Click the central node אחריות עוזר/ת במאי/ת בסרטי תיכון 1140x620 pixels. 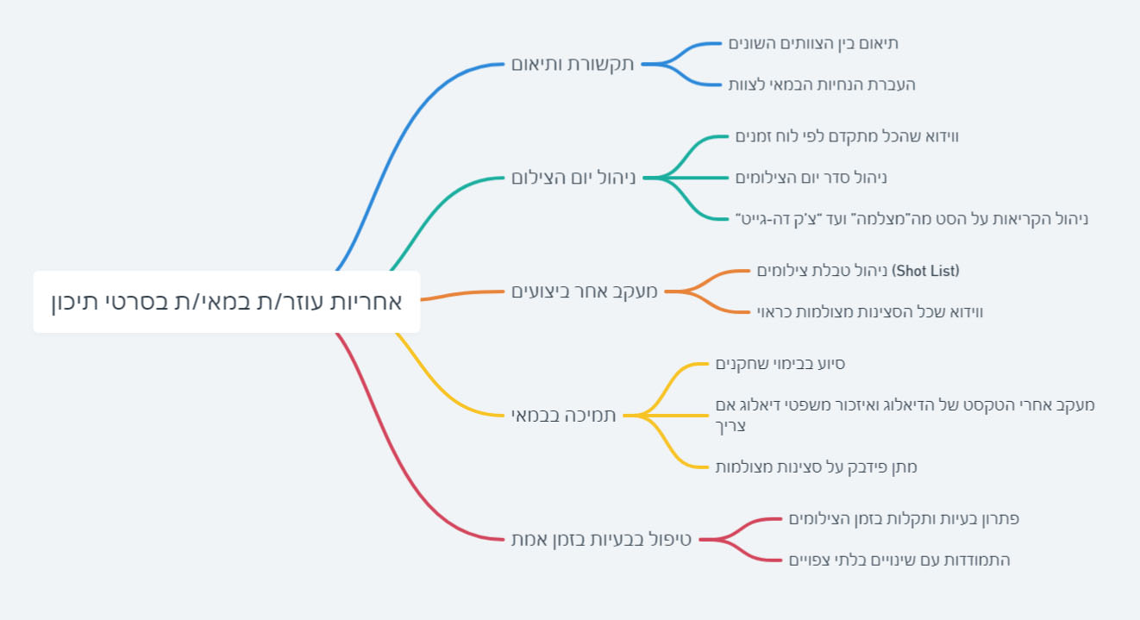point(226,302)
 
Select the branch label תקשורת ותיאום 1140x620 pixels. point(573,64)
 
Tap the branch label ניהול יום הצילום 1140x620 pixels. point(573,178)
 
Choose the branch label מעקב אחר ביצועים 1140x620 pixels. point(584,291)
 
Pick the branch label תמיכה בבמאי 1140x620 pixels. point(563,416)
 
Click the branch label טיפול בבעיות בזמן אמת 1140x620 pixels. point(601,540)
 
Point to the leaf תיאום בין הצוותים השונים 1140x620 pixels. point(813,43)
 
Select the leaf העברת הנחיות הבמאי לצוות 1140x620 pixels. point(822,85)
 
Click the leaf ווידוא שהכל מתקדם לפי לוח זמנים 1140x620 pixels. point(847,136)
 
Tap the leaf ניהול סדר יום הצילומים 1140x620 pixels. point(811,178)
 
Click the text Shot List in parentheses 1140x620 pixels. point(927,271)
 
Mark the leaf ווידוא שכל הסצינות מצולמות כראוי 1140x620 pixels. point(870,312)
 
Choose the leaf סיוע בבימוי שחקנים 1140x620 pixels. point(780,364)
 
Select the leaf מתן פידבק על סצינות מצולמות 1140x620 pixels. point(816,467)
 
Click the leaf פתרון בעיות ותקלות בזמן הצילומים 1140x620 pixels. point(904,519)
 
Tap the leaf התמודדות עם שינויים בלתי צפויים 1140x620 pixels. point(899,561)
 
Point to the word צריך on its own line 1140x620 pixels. point(730,426)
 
